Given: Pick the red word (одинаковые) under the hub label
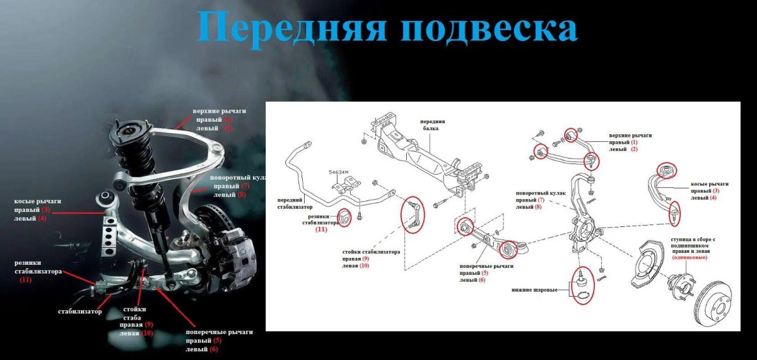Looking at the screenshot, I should coord(689,257).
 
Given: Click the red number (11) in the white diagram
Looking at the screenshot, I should coord(321,230).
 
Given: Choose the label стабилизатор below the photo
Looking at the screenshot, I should coord(79,311).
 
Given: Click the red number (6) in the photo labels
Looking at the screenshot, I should coord(213,349).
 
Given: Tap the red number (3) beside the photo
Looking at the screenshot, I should coord(45,209).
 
